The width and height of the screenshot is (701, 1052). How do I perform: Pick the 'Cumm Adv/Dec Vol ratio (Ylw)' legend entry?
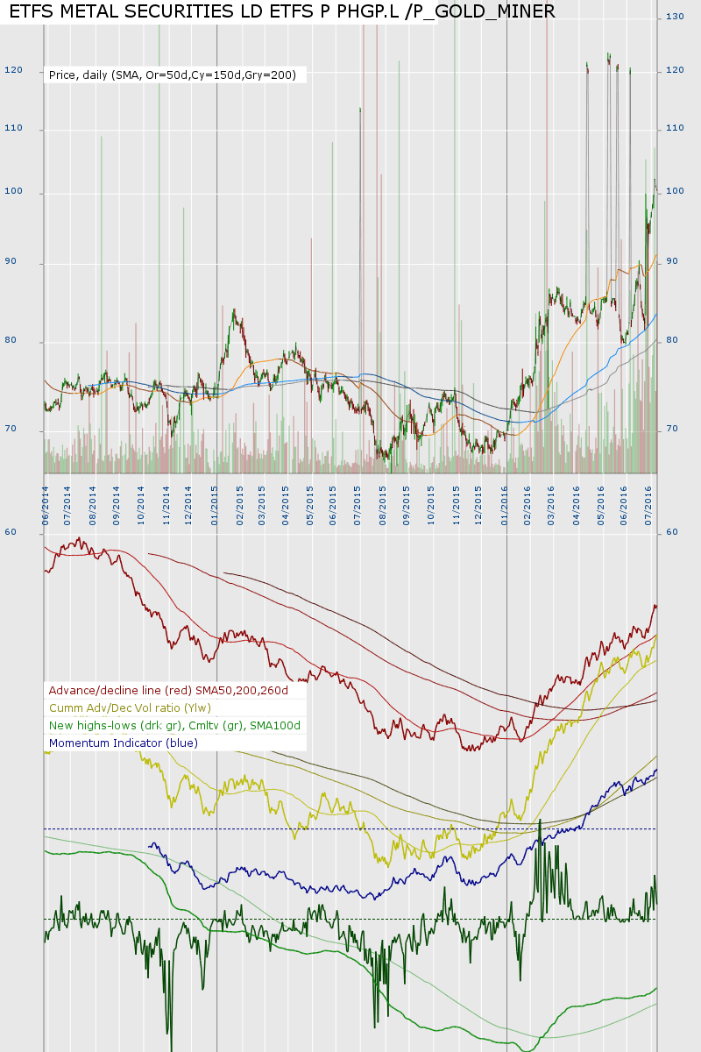(x=131, y=707)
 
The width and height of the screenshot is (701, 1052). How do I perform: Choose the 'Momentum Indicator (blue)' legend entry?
(x=124, y=743)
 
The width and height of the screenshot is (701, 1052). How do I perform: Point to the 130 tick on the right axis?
(x=675, y=17)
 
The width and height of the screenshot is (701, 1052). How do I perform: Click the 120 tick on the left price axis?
(x=13, y=70)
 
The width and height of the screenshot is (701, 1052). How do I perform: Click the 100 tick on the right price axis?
(x=675, y=192)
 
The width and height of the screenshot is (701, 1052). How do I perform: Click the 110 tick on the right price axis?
(x=675, y=128)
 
